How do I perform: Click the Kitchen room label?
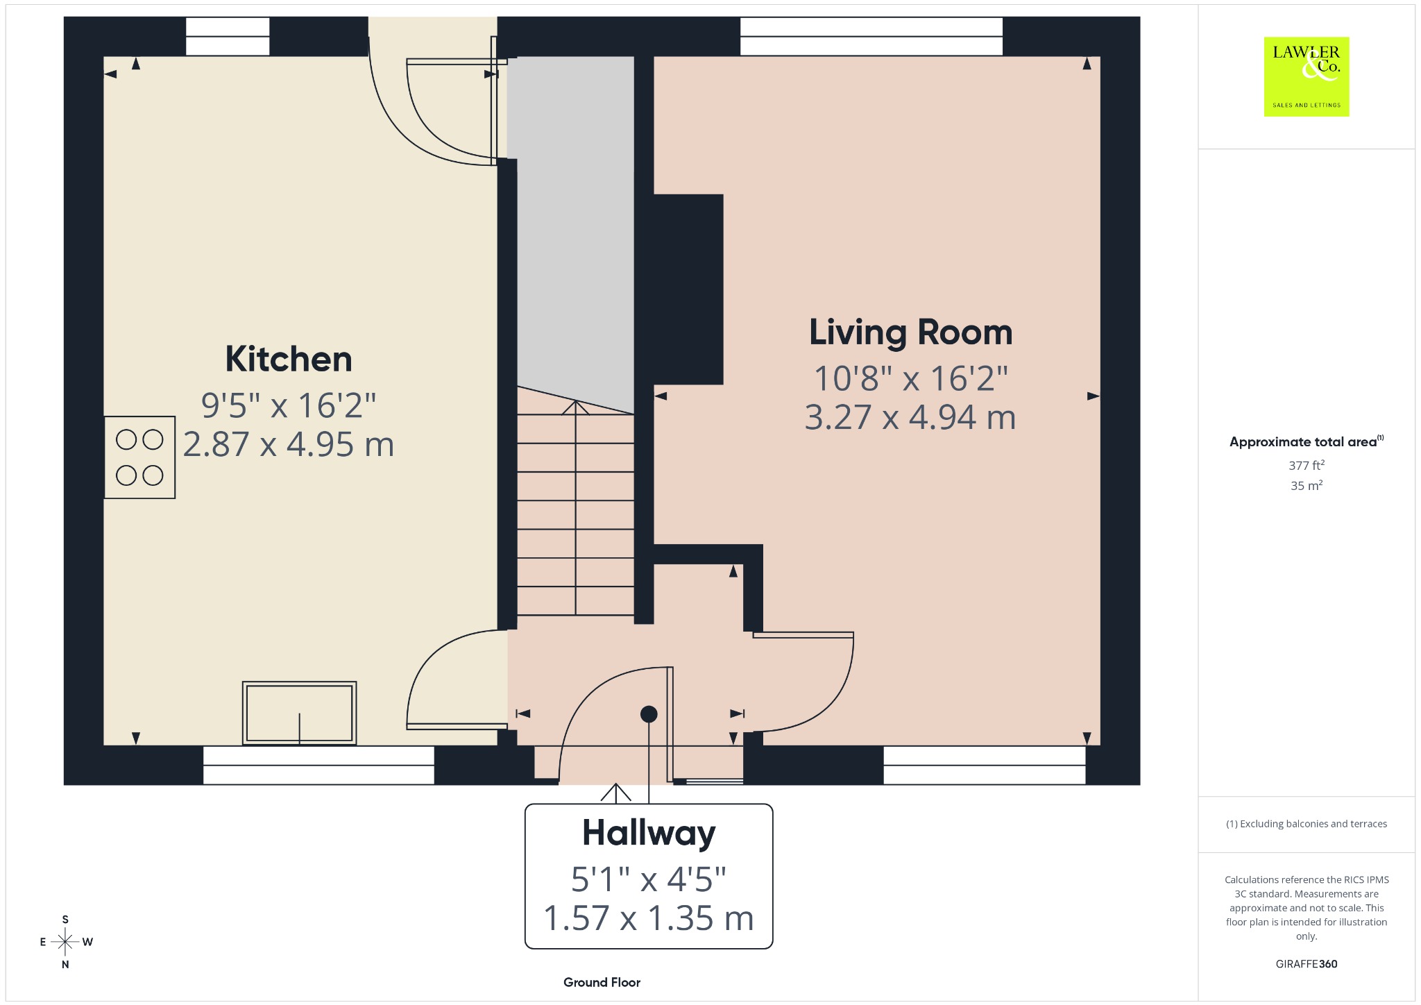point(289,360)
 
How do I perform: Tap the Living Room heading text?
point(910,332)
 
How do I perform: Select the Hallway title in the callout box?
point(649,834)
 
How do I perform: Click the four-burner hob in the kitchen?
point(139,457)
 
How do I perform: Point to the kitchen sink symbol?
point(300,713)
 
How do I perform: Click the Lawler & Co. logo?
point(1307,76)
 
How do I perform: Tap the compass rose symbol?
point(65,942)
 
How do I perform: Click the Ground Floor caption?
point(602,982)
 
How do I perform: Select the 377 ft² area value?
point(1307,465)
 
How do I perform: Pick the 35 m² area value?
point(1307,486)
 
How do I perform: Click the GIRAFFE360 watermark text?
point(1307,963)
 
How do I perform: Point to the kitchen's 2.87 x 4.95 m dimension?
point(289,444)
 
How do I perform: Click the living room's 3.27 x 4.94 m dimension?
point(910,417)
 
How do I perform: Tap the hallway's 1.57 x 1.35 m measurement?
point(649,918)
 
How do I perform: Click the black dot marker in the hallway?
point(649,713)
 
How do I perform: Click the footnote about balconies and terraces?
point(1307,824)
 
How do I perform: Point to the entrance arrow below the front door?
point(615,793)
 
